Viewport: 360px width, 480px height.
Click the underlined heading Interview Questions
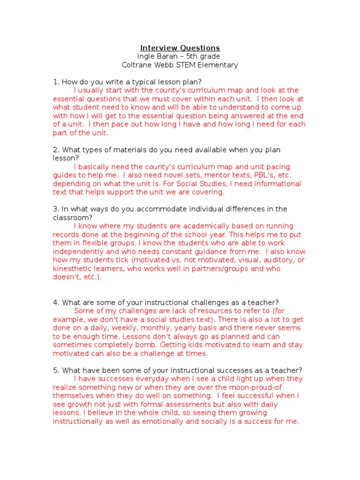point(180,48)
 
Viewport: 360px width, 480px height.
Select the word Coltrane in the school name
point(136,65)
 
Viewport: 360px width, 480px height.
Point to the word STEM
point(189,65)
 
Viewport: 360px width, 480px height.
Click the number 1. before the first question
point(56,82)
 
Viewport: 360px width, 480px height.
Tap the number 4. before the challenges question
point(56,302)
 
